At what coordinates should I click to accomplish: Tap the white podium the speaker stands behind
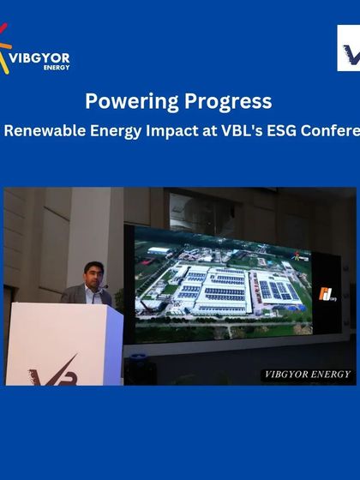[x=63, y=343]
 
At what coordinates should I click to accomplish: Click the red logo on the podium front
[x=55, y=374]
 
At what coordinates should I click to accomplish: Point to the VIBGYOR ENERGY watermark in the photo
[x=306, y=375]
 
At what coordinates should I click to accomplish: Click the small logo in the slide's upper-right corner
[x=301, y=255]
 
